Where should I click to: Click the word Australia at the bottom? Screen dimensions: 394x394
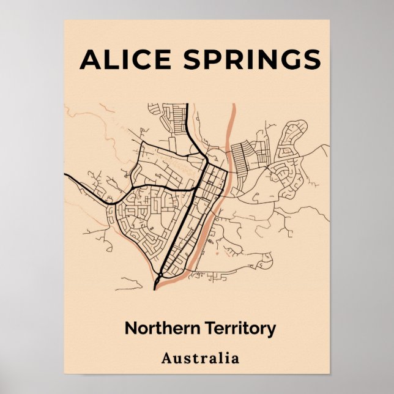coord(200,358)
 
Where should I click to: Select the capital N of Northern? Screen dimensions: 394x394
coord(130,328)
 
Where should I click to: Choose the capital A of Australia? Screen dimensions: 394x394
coord(166,358)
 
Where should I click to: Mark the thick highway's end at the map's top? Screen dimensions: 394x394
coord(187,104)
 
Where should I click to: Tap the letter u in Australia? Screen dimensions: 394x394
coord(177,359)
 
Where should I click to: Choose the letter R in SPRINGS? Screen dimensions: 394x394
coord(229,59)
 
